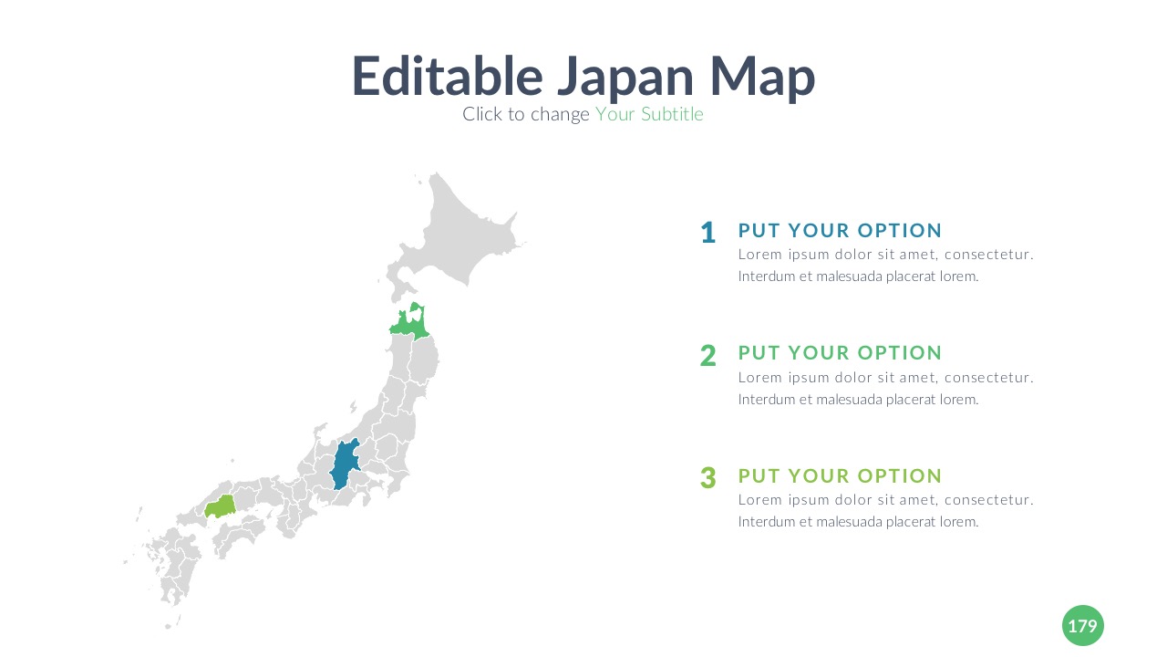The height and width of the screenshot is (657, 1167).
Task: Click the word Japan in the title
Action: [625, 78]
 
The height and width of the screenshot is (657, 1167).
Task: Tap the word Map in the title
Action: [762, 78]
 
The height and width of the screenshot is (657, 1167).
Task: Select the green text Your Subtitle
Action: [649, 114]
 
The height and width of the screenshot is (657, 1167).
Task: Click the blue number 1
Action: [708, 233]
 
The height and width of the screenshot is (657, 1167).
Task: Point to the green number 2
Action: [708, 356]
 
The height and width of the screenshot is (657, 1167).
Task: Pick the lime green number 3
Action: [708, 477]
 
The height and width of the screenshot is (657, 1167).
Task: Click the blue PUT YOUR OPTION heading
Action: [840, 231]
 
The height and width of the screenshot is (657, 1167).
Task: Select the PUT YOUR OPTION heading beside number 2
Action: [840, 353]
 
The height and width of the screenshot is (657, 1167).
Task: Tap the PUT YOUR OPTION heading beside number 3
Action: [840, 476]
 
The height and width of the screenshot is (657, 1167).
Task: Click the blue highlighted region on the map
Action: [345, 465]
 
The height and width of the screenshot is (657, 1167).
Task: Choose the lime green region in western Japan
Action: [220, 506]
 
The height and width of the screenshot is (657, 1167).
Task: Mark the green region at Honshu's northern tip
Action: [409, 323]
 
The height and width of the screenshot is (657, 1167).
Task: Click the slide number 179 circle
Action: [1082, 625]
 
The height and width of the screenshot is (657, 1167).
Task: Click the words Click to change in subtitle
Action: [526, 114]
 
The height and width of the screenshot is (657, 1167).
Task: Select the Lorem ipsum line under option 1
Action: [885, 255]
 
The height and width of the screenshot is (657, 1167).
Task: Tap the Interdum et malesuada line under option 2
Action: [859, 400]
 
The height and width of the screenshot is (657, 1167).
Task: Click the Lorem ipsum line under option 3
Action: [885, 500]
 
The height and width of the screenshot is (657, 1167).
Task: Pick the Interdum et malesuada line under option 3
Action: [859, 522]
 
